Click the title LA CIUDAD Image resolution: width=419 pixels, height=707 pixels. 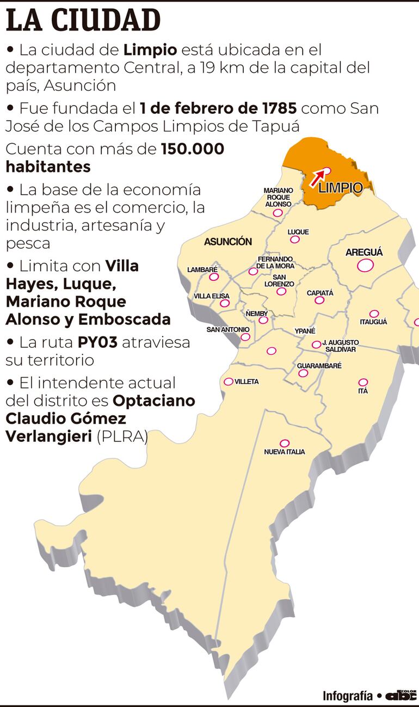(83, 21)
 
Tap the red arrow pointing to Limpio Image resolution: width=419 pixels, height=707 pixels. (318, 177)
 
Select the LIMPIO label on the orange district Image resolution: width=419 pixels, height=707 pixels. (340, 188)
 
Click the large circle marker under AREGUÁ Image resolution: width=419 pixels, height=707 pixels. (365, 266)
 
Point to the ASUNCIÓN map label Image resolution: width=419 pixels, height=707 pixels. (228, 242)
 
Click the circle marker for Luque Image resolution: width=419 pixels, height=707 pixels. (295, 239)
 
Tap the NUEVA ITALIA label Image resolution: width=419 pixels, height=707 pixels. (284, 452)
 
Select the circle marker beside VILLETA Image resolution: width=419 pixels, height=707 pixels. (229, 382)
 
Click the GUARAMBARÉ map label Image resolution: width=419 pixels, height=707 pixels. (319, 366)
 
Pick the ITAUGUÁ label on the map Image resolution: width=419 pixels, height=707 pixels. (373, 322)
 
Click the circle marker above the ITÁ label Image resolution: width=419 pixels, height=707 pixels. (363, 382)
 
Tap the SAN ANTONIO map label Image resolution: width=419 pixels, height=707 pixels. (228, 329)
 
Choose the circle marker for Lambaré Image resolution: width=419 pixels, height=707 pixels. (214, 276)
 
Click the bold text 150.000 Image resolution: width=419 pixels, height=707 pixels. (193, 149)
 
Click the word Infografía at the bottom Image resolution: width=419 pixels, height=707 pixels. (348, 696)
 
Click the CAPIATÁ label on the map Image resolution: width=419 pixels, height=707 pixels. (320, 293)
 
